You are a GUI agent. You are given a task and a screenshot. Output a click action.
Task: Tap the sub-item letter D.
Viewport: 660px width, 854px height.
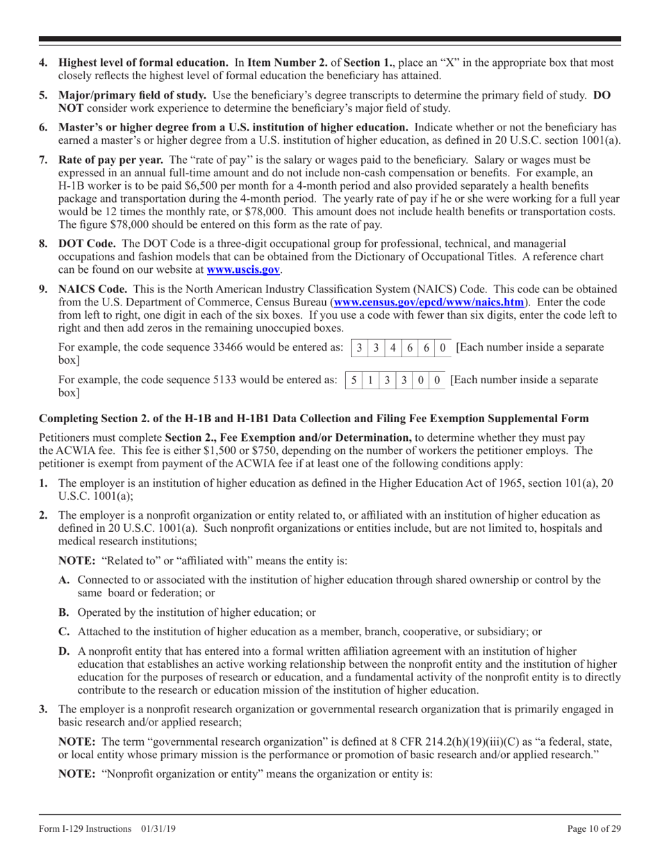click(x=65, y=651)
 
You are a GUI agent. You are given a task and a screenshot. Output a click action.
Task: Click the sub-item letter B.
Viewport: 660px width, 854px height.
click(x=65, y=612)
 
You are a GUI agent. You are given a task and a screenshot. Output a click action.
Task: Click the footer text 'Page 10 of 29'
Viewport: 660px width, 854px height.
click(x=595, y=829)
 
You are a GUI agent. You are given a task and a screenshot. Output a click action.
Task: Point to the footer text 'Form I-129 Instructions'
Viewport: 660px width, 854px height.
click(x=85, y=829)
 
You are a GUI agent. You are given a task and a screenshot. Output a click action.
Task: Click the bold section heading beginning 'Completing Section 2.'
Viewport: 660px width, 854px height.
click(x=314, y=419)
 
